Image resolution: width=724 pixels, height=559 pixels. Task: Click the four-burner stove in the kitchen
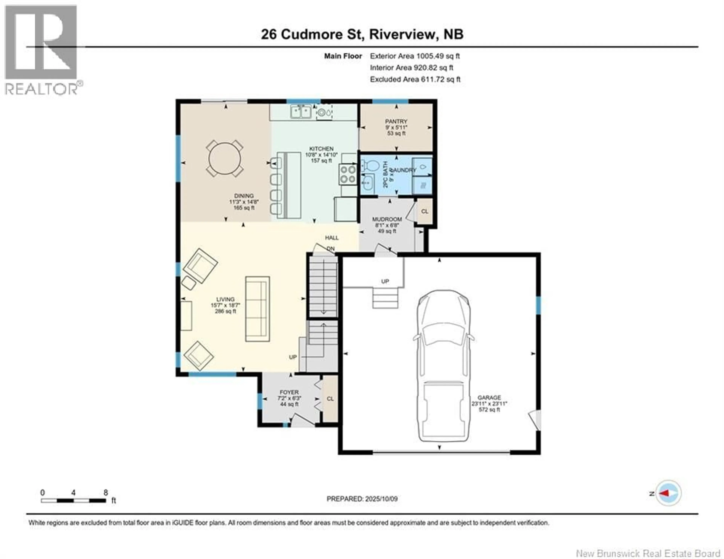click(x=347, y=174)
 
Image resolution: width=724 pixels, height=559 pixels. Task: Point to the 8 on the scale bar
click(x=106, y=493)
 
